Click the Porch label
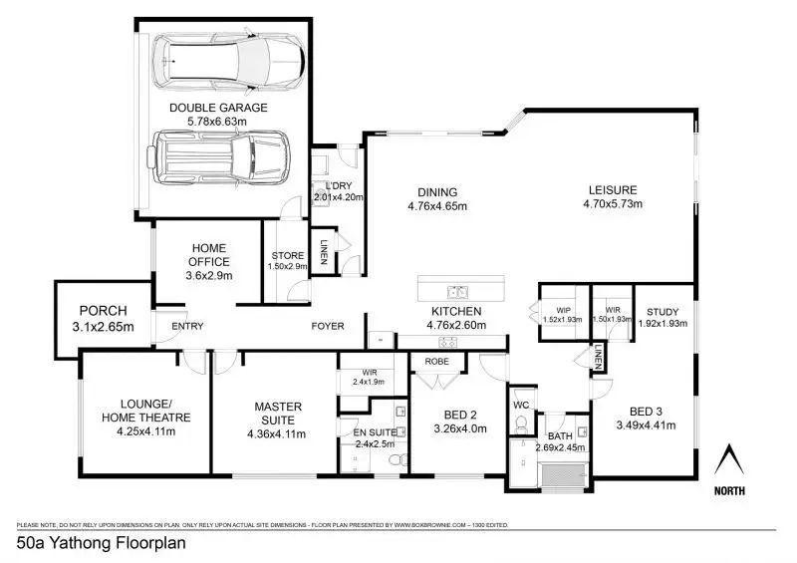pos(104,310)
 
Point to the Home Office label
pos(208,255)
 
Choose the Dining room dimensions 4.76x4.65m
pos(437,206)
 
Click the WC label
pos(521,406)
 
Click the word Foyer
pos(329,326)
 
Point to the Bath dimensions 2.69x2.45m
pos(561,447)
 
